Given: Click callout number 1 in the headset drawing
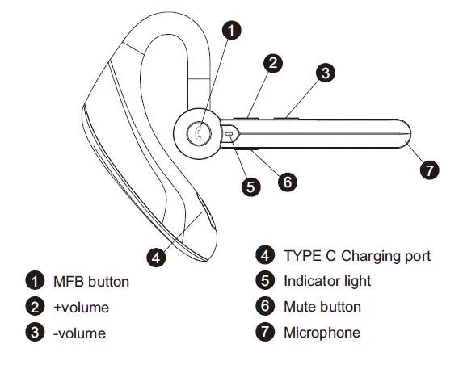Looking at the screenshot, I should (x=231, y=31).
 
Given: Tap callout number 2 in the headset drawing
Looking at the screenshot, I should (x=274, y=62).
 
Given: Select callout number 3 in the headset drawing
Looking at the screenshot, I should (x=324, y=73).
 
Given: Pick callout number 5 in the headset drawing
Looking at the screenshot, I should (x=251, y=187).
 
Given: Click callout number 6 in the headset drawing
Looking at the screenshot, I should (x=285, y=181).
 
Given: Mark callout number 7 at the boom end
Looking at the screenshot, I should (x=430, y=170).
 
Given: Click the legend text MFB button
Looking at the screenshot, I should (x=90, y=282).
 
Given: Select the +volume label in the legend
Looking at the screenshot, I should (x=81, y=307).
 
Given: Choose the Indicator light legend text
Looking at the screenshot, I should (x=327, y=281).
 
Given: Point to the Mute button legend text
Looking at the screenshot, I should (x=322, y=306).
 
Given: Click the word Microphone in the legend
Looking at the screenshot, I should (x=322, y=332).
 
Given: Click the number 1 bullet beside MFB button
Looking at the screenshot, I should (x=34, y=282).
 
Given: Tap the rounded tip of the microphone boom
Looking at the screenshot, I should (x=405, y=135).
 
